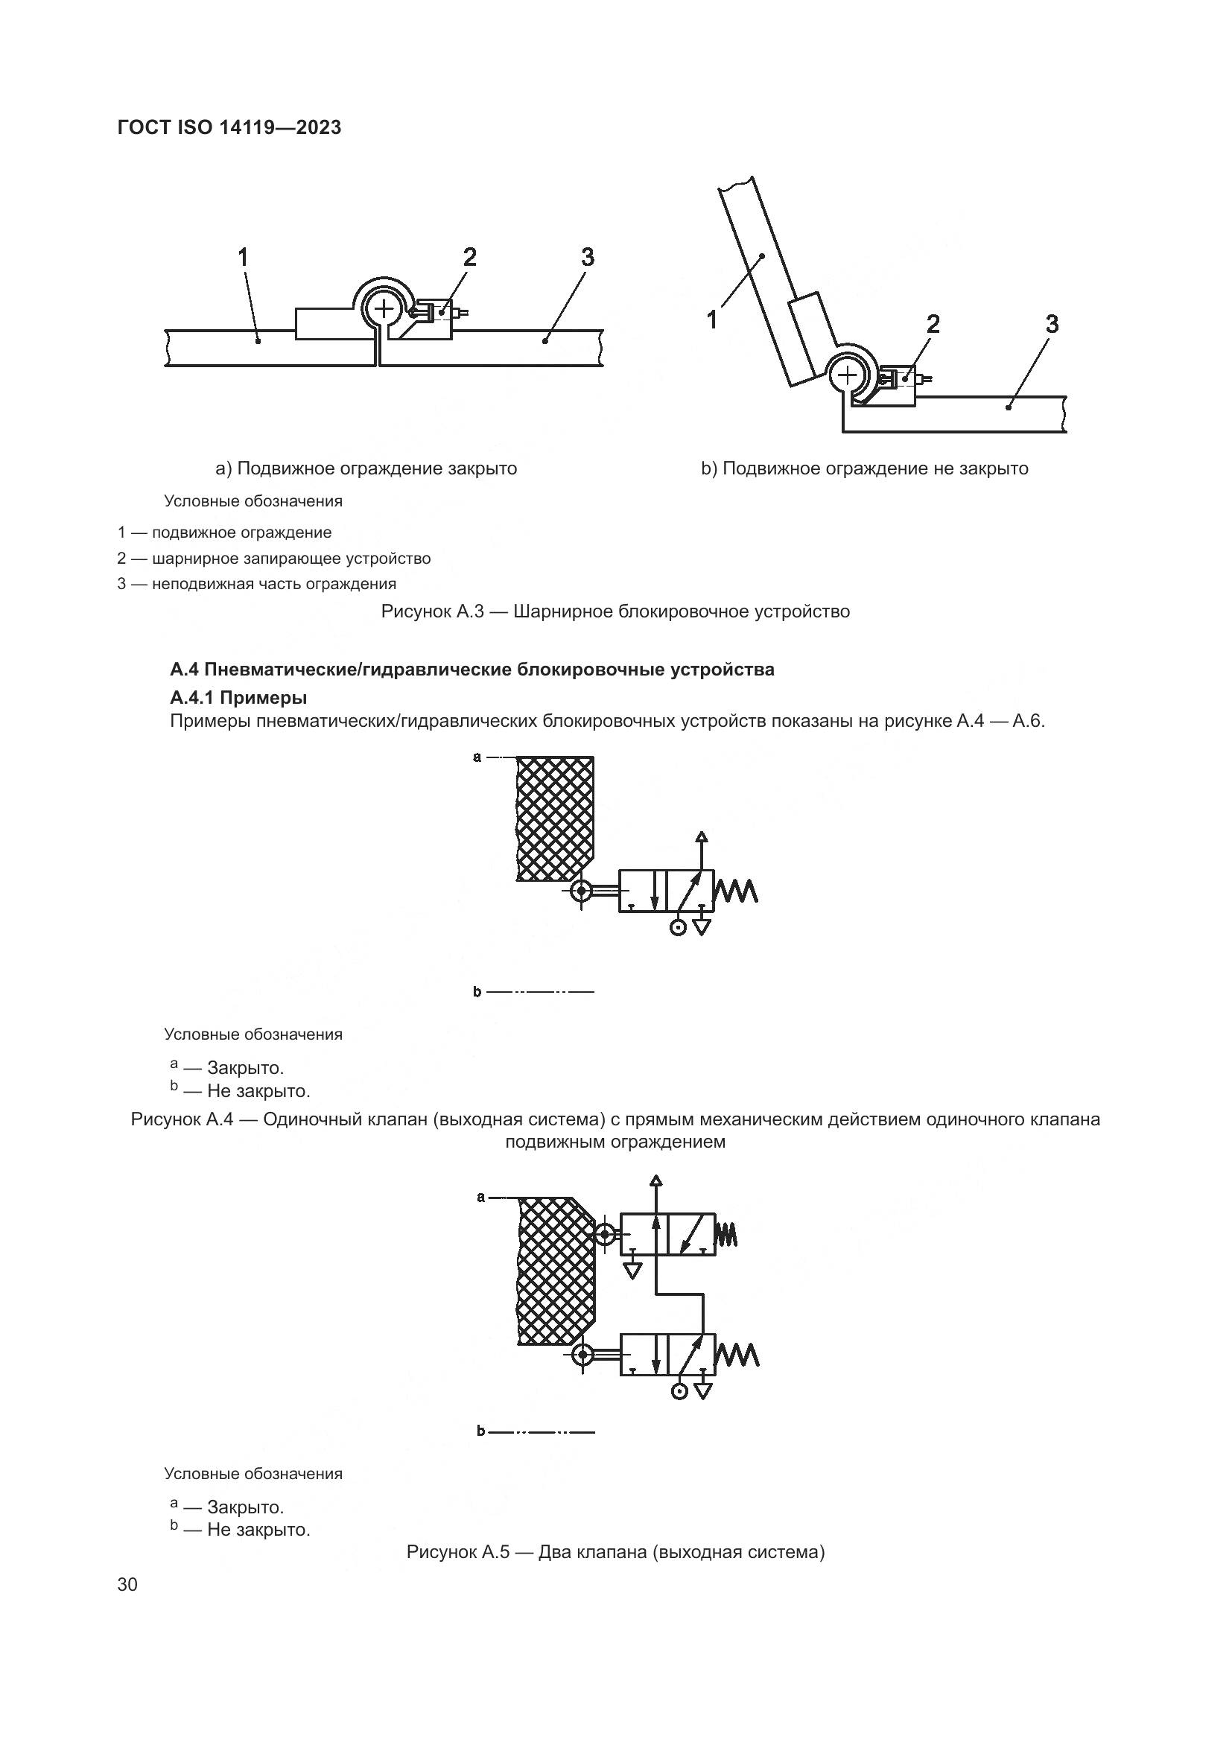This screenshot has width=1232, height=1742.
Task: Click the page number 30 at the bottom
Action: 127,1585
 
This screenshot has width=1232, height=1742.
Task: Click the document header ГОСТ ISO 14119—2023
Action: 229,127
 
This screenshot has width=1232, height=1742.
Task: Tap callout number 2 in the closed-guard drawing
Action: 469,258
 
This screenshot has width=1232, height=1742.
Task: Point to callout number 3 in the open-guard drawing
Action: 1052,325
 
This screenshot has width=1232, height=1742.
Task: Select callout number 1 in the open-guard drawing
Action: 711,321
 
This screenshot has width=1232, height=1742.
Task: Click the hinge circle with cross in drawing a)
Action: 384,308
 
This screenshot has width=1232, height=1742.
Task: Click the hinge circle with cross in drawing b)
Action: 848,375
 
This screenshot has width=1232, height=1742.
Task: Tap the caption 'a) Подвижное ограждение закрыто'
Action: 366,468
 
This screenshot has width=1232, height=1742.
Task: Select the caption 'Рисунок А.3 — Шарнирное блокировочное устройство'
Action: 615,611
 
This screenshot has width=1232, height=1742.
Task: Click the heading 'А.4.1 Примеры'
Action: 238,696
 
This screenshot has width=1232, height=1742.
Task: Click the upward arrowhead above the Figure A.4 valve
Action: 702,838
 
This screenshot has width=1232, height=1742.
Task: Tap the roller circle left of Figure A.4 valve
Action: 581,891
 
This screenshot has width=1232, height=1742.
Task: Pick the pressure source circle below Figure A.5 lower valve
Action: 680,1391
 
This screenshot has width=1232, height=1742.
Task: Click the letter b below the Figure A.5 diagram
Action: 480,1431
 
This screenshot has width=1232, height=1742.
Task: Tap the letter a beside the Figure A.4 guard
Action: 477,757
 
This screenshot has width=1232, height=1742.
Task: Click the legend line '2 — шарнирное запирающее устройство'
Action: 274,559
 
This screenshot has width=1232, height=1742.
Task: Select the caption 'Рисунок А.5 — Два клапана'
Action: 615,1551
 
